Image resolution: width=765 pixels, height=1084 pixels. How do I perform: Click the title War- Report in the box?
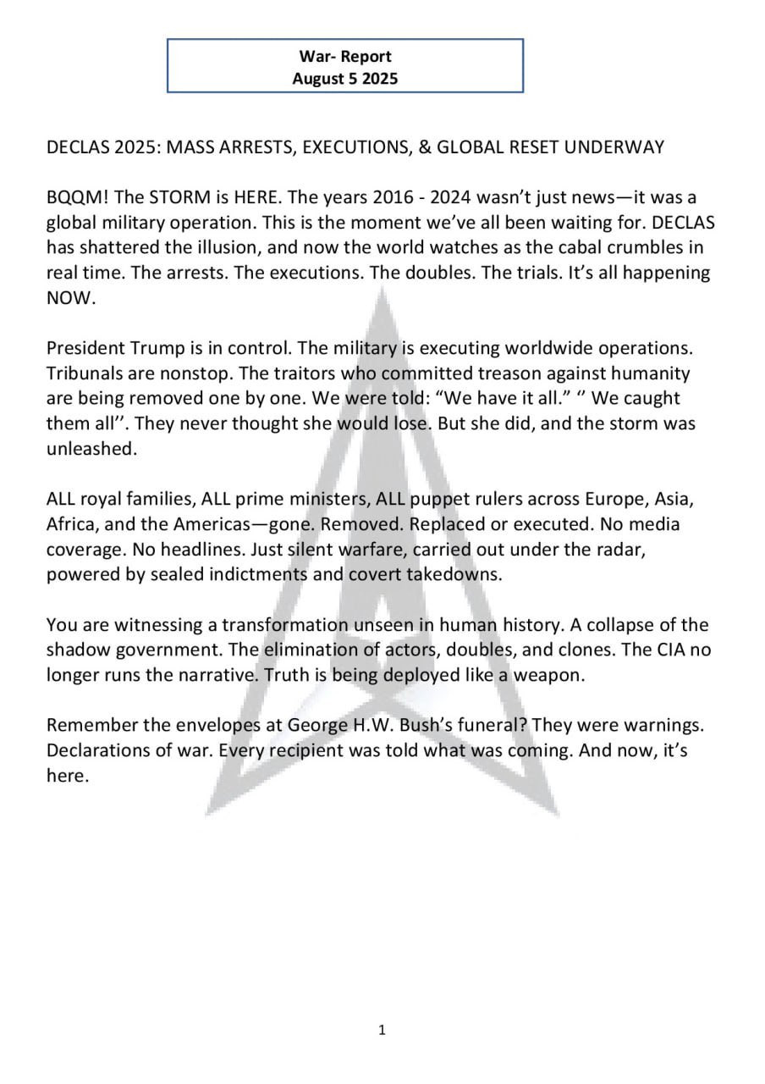[344, 57]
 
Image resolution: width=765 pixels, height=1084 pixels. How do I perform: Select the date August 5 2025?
[344, 79]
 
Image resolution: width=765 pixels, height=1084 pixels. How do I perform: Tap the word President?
[85, 349]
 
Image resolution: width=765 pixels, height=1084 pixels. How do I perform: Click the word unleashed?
[91, 449]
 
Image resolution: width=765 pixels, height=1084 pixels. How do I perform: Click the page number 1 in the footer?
[382, 1030]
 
